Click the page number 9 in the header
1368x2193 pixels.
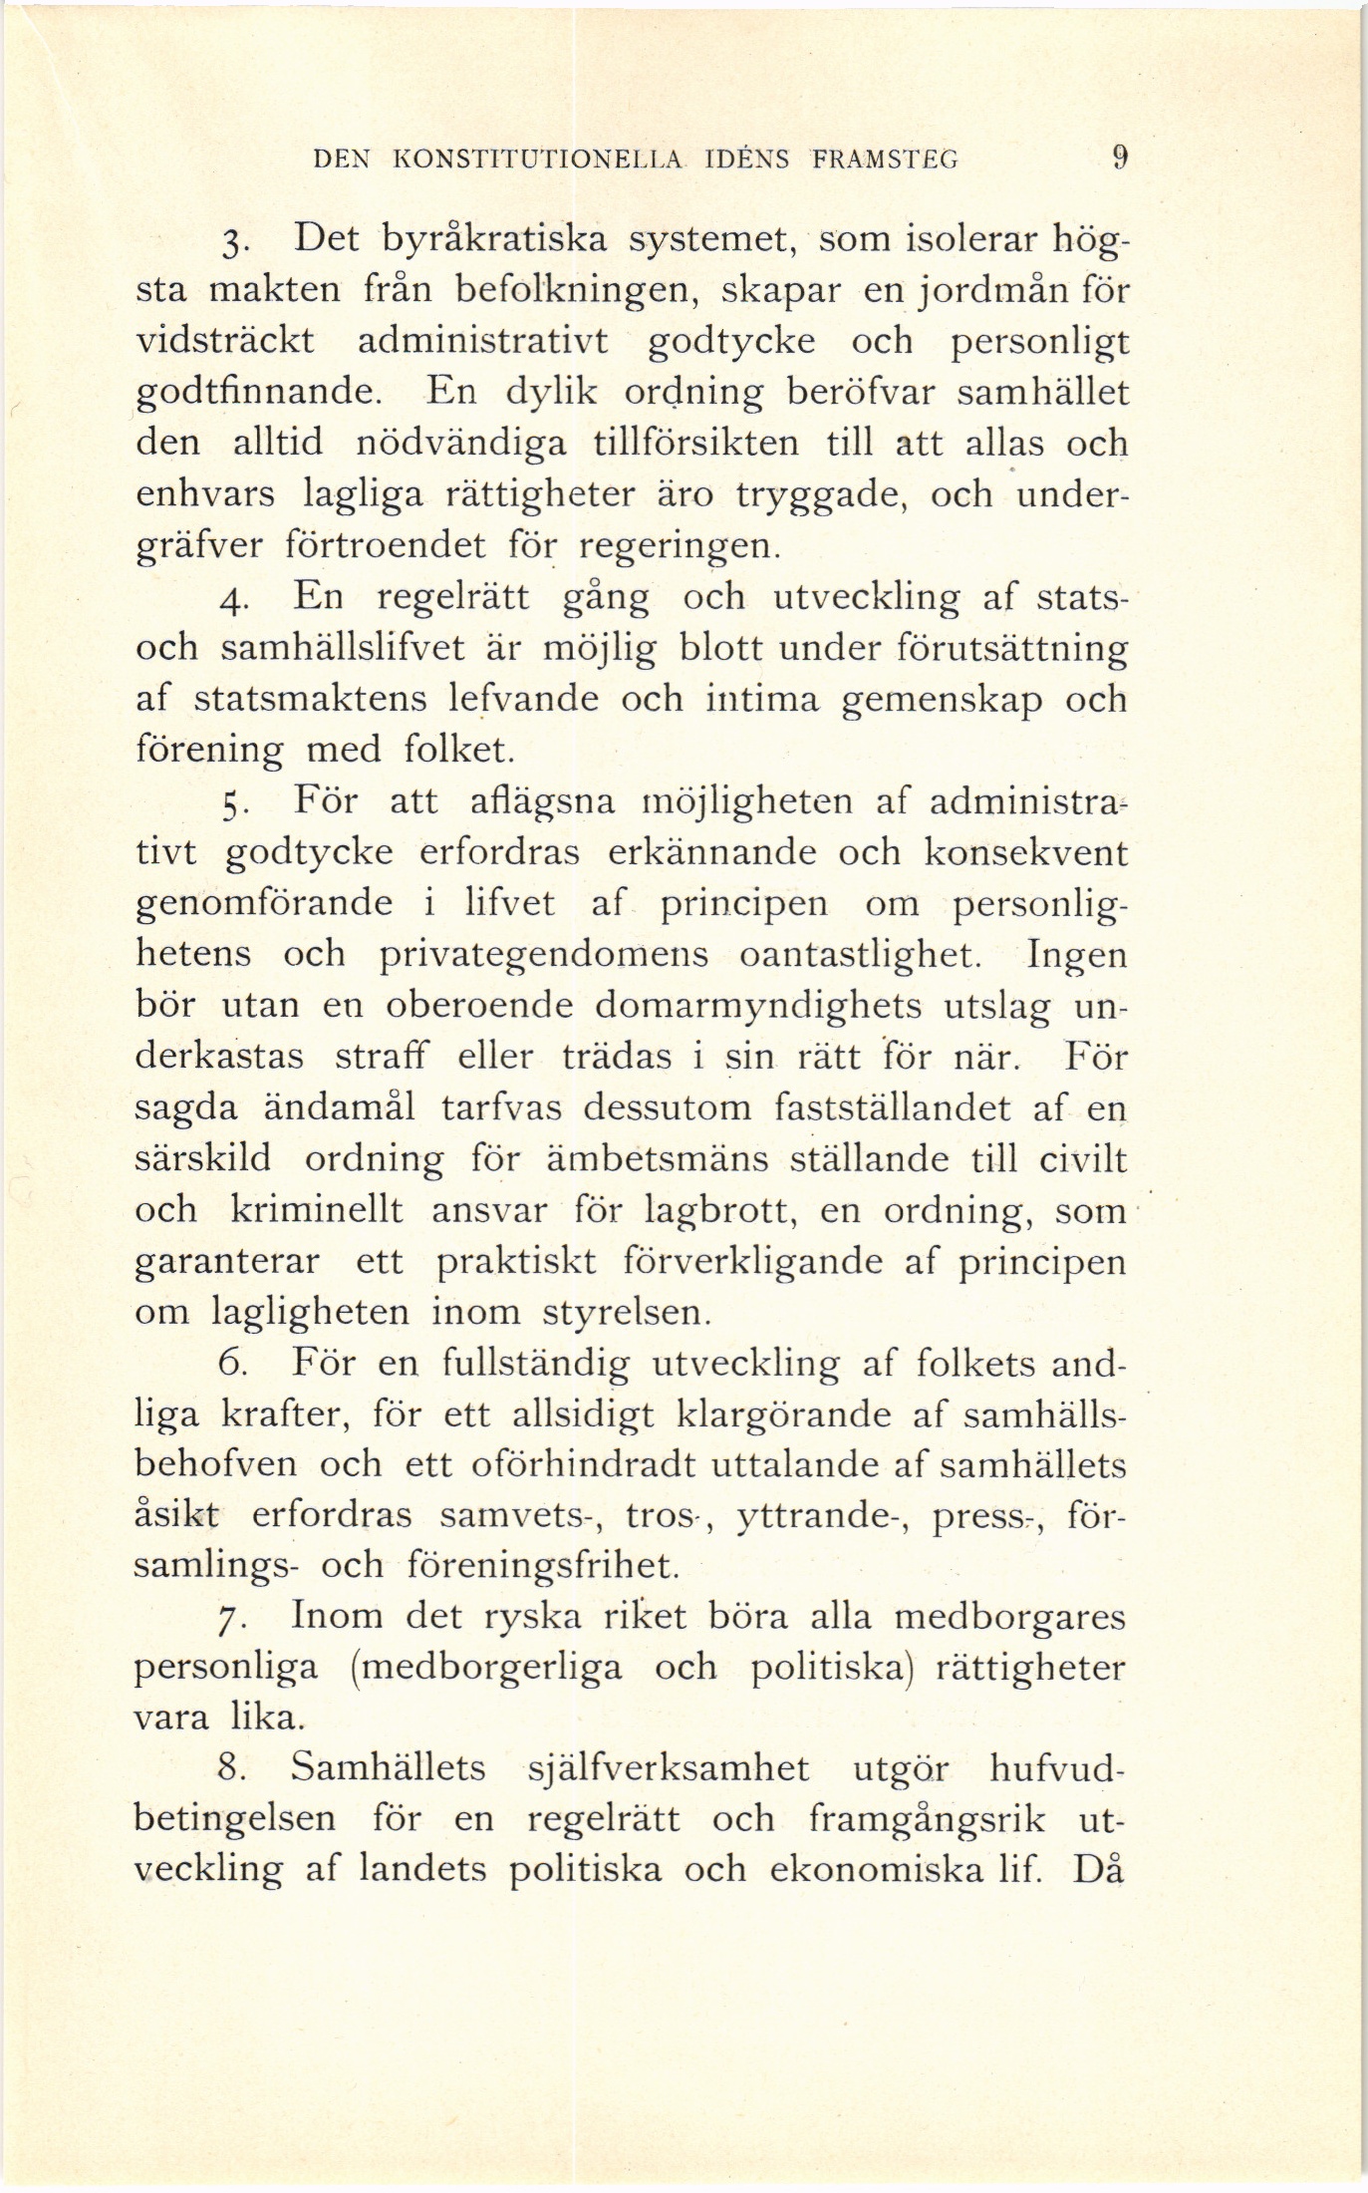coord(1120,157)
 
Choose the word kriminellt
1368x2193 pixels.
coord(316,1210)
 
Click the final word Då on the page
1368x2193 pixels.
coord(1099,1870)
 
